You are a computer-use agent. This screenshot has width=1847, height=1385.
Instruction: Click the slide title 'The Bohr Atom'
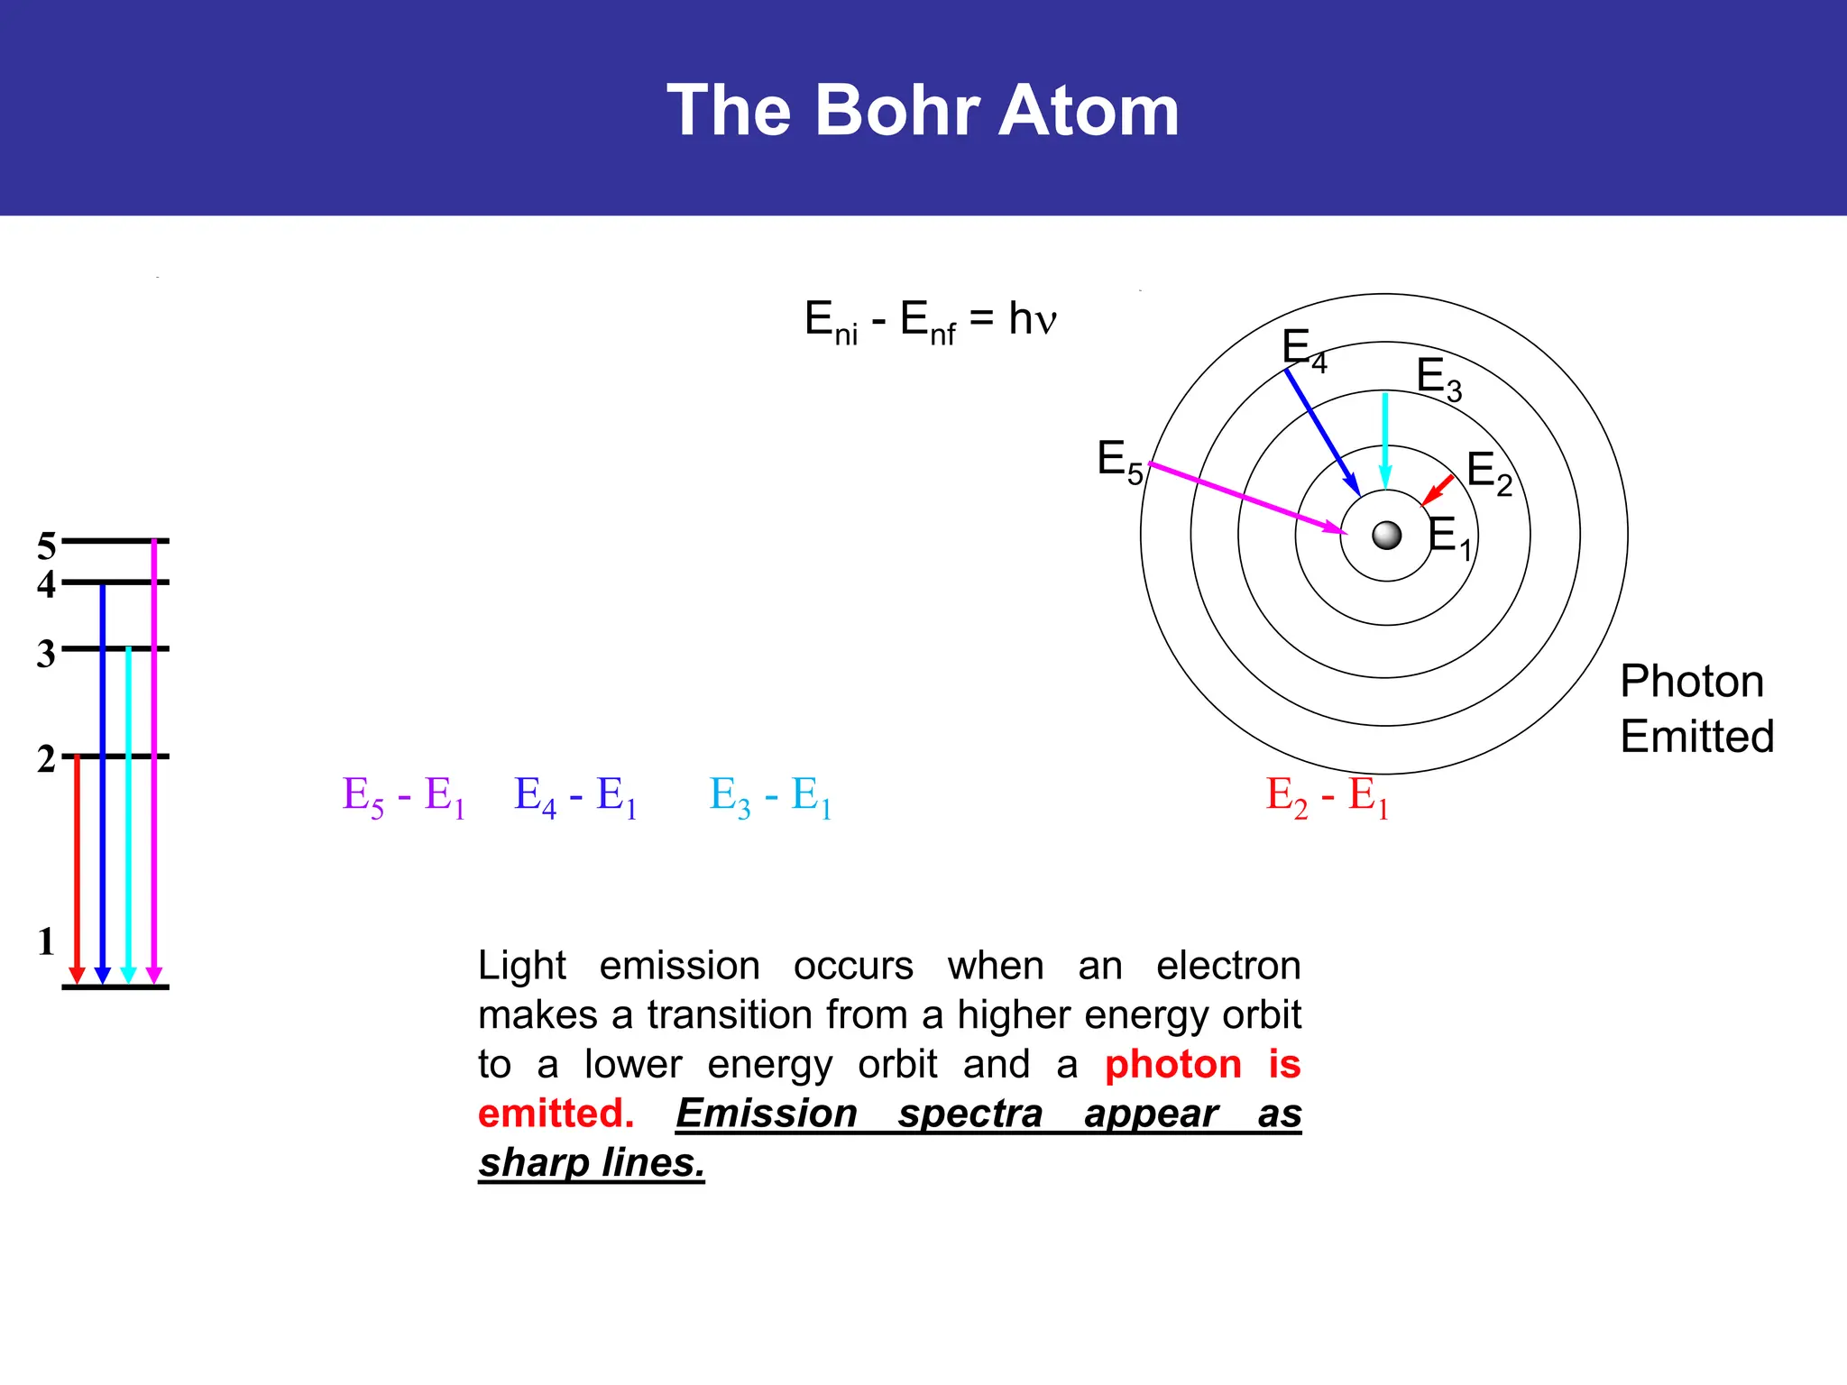pyautogui.click(x=923, y=110)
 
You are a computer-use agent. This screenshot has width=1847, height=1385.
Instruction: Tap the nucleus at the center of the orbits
pyautogui.click(x=1386, y=536)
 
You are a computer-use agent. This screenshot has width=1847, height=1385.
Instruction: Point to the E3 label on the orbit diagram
pyautogui.click(x=1438, y=378)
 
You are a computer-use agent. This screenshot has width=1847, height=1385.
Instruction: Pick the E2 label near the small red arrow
pyautogui.click(x=1489, y=472)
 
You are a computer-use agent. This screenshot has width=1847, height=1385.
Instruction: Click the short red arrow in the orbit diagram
pyautogui.click(x=1438, y=491)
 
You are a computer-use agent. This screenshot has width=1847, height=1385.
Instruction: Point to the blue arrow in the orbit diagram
pyautogui.click(x=1322, y=432)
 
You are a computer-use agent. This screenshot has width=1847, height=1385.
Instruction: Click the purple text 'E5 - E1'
pyautogui.click(x=404, y=797)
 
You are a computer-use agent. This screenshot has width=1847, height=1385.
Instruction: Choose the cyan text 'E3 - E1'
pyautogui.click(x=770, y=797)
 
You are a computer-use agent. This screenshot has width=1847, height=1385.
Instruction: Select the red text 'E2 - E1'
pyautogui.click(x=1327, y=797)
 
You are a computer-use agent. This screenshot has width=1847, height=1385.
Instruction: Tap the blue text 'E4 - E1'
pyautogui.click(x=575, y=797)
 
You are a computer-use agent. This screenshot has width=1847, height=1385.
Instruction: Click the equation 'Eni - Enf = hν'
pyautogui.click(x=930, y=321)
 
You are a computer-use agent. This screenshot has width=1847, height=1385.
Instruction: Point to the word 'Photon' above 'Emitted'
pyautogui.click(x=1692, y=682)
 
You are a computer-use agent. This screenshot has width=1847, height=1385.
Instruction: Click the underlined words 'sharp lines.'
pyautogui.click(x=592, y=1163)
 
